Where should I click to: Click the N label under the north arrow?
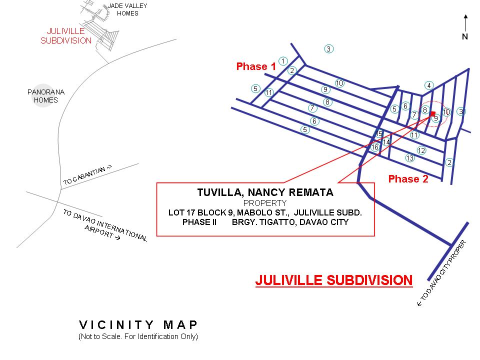pos(465,36)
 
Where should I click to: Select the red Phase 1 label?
pos(256,66)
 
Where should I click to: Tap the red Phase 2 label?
pos(408,179)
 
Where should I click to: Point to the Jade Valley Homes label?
pos(127,9)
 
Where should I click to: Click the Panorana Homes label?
pos(46,96)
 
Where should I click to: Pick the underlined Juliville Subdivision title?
pos(333,280)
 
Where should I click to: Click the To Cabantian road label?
pos(88,175)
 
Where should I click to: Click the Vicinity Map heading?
pos(138,325)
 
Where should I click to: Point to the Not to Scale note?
pos(138,336)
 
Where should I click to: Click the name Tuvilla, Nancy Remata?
pos(265,192)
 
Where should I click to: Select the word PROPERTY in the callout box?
pos(265,203)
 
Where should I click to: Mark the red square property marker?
pos(432,114)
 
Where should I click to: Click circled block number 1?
pos(283,61)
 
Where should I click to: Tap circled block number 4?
pos(429,85)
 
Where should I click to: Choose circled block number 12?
pos(421,150)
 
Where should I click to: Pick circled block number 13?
pos(410,158)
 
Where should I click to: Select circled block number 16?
pos(375,147)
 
